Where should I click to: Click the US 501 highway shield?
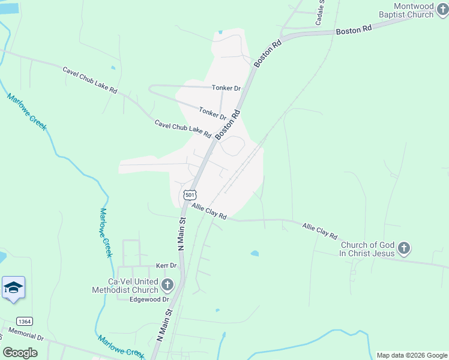point(190,195)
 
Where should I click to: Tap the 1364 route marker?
point(25,321)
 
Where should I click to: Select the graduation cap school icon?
point(13,289)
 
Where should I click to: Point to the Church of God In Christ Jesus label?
point(368,249)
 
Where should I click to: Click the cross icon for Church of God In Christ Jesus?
point(405,248)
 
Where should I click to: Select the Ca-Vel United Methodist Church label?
point(125,286)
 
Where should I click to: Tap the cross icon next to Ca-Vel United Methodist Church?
point(167,285)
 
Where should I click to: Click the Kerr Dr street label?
point(166,265)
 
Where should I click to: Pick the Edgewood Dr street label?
point(150,299)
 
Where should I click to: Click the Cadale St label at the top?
point(319,13)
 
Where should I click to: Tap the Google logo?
point(20,353)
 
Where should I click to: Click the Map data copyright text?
point(411,355)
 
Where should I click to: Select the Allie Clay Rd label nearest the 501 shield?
point(208,211)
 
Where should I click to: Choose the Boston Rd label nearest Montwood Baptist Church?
point(354,29)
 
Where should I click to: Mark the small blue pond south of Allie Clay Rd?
point(255,254)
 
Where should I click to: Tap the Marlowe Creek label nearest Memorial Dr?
point(121,346)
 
